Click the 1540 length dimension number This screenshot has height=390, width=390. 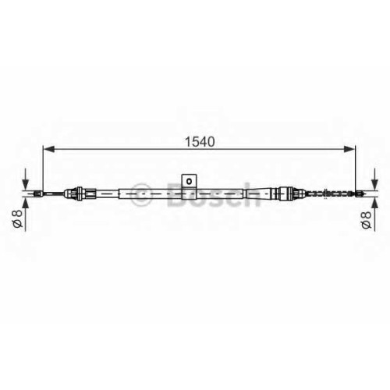coord(200,142)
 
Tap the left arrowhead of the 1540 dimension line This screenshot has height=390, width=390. coord(48,149)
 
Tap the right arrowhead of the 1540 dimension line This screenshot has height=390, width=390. coord(349,149)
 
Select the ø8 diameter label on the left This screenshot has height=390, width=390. coord(18,218)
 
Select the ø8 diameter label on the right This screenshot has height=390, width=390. coord(366,219)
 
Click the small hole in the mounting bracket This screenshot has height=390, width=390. coord(190,181)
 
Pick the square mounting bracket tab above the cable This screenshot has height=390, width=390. coord(190,181)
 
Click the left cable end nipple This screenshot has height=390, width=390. coord(38,193)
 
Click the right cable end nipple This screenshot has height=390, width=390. coord(360,193)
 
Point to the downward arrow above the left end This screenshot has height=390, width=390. coord(26,179)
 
